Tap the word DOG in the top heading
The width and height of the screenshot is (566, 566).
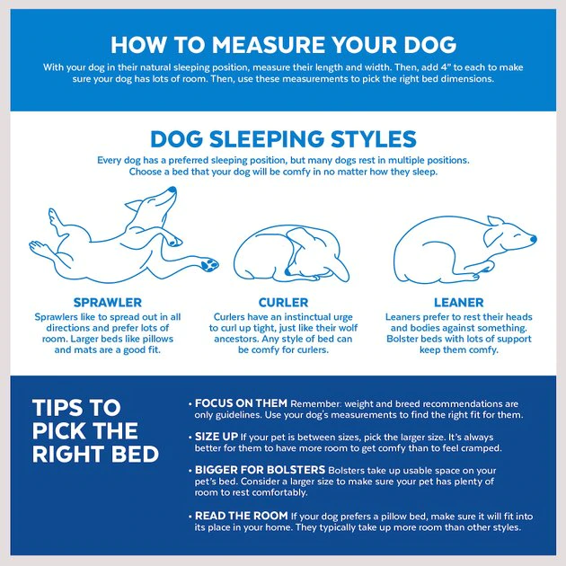point(430,45)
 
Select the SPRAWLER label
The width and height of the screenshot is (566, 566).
point(108,303)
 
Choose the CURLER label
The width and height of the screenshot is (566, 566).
point(283,303)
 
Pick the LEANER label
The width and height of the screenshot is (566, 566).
point(459,303)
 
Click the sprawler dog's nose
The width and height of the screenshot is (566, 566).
point(172,190)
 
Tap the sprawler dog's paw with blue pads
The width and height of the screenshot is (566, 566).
point(209,265)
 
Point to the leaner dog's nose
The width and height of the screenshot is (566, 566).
point(533,239)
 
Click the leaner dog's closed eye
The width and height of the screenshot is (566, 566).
point(516,235)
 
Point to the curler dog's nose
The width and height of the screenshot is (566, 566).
point(287,272)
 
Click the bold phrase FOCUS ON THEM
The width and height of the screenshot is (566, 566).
point(241,403)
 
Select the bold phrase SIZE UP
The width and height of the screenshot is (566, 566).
point(217,437)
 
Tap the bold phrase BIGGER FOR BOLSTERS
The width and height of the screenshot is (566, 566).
point(260,470)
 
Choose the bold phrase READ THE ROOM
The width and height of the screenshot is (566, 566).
point(241,516)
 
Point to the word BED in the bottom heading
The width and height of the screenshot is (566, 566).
point(135,454)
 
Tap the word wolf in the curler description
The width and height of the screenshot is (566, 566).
point(348,328)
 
